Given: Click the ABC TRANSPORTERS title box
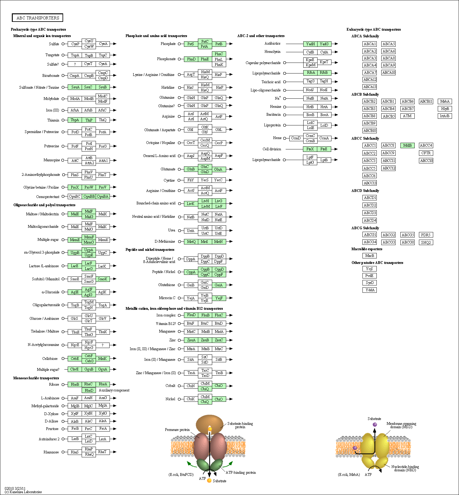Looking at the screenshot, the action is (x=38, y=18).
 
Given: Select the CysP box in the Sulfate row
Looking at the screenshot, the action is (x=75, y=44).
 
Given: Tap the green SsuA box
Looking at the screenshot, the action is (x=75, y=87).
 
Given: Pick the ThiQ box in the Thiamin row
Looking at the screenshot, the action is (x=103, y=120).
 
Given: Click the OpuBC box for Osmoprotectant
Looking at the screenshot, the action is (x=75, y=196).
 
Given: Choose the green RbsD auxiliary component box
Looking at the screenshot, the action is (x=89, y=390).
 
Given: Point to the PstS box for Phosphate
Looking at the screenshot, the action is (x=191, y=44).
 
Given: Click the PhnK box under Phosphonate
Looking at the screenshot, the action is (x=219, y=65).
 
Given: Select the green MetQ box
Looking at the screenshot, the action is (x=191, y=242).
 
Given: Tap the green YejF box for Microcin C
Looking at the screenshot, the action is (x=219, y=298).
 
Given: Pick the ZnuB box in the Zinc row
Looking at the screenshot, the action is (x=205, y=340).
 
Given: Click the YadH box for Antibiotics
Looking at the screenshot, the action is (x=310, y=44).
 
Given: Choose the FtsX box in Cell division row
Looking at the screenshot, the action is (x=310, y=149).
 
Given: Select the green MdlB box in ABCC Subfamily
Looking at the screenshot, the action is (x=407, y=145).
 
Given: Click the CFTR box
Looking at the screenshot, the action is (x=426, y=153).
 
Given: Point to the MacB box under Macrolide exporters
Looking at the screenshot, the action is (x=369, y=256).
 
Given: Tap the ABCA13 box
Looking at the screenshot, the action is (x=370, y=87).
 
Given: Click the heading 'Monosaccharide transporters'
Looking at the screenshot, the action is (x=36, y=378).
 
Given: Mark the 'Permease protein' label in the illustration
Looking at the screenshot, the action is (x=177, y=430).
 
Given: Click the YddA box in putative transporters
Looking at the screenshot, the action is (x=369, y=290).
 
